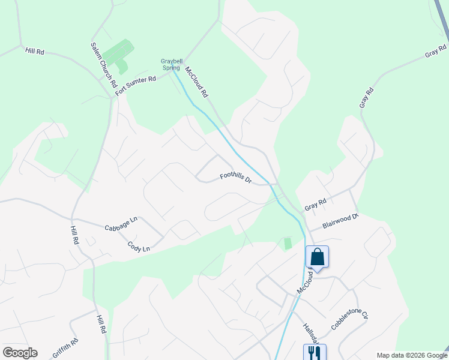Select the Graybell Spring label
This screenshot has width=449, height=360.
[x=170, y=64]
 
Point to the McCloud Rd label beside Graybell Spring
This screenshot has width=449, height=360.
[x=197, y=82]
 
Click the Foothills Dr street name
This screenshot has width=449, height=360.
[x=235, y=178]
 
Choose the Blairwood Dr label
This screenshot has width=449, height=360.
[x=340, y=220]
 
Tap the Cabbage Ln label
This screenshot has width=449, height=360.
[x=121, y=224]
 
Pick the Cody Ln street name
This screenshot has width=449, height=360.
[x=139, y=247]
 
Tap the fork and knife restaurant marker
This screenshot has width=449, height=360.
[x=314, y=352]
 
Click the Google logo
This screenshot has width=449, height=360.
[x=20, y=353]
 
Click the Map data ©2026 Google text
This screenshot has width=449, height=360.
[x=411, y=355]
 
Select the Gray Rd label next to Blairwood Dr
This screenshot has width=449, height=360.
[x=315, y=203]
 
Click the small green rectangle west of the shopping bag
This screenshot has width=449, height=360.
[x=288, y=244]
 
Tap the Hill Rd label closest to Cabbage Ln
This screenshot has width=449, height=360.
[x=74, y=235]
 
